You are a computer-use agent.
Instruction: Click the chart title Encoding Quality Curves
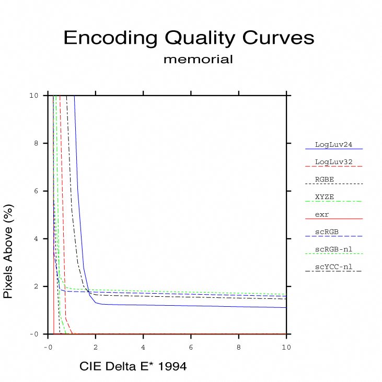pos(189,38)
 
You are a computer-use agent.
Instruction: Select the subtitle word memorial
pos(198,59)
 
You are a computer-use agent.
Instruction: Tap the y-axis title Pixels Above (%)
pos(8,251)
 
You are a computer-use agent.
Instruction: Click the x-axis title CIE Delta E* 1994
pos(133,367)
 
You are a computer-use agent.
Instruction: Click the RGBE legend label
pos(325,179)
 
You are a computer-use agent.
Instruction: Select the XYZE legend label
pos(325,196)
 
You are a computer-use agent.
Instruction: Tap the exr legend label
pos(322,214)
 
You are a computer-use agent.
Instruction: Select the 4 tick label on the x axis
pos(143,346)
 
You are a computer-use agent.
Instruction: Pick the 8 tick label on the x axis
pos(239,346)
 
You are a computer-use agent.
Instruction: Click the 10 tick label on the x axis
pos(286,346)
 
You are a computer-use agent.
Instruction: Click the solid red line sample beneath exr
pos(333,219)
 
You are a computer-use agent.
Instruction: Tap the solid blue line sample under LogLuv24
pos(333,149)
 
